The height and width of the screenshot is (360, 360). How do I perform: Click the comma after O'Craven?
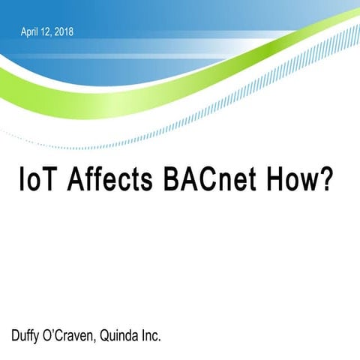point(102,339)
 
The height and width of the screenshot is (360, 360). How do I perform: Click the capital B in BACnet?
point(174,182)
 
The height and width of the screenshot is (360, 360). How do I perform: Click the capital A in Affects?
point(76,182)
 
